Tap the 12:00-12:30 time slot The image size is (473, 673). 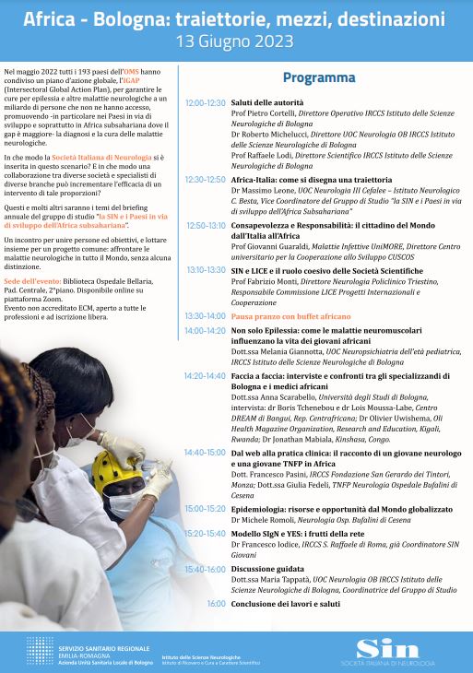coord(205,102)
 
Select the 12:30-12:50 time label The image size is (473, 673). coord(205,180)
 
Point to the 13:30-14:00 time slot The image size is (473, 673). coord(205,315)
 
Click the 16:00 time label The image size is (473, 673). coord(216,603)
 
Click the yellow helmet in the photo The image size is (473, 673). coord(110,472)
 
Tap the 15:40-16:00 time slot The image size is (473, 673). coord(205,570)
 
